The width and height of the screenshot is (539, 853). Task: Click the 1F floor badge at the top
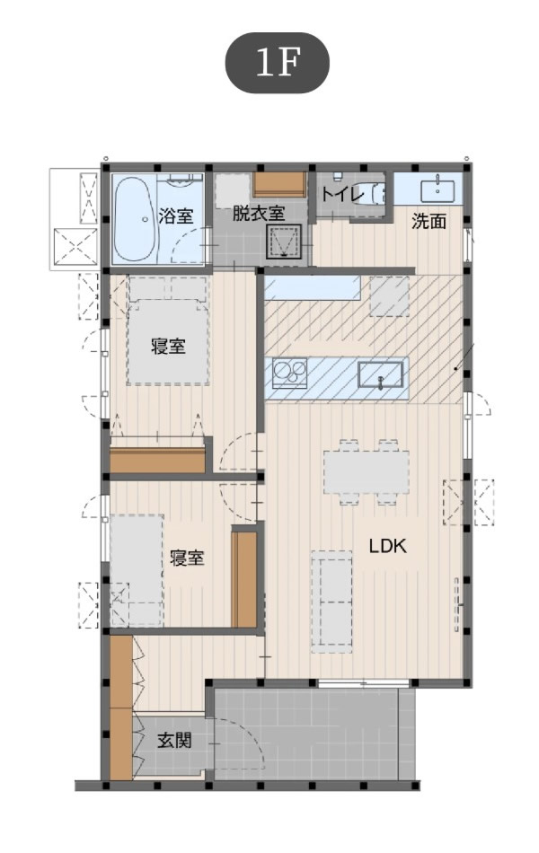277,63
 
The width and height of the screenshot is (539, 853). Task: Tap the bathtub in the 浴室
137,219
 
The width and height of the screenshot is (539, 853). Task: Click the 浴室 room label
175,216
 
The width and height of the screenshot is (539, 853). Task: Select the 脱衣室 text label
258,214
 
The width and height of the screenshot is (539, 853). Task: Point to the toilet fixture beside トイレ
374,193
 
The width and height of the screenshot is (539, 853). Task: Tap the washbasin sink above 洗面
437,189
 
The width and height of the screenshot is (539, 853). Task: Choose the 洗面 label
429,222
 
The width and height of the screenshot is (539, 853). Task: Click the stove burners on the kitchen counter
289,373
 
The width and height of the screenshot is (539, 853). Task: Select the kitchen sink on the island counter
381,374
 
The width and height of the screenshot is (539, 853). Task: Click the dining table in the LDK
366,471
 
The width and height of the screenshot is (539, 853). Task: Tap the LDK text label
387,546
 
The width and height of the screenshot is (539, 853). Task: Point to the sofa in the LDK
331,602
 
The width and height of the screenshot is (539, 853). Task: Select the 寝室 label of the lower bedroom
187,558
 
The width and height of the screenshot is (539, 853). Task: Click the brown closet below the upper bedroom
158,460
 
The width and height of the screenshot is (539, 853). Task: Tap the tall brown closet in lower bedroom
244,580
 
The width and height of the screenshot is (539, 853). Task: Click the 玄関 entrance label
174,741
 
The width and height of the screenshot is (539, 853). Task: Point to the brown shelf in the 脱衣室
279,184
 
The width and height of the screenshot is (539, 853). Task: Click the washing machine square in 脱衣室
283,242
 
